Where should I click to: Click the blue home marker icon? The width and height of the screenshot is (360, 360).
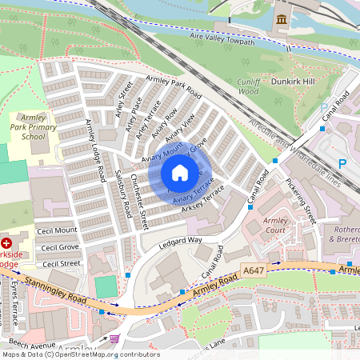pyautogui.click(x=180, y=173)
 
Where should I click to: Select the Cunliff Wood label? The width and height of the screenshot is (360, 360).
pyautogui.click(x=250, y=86)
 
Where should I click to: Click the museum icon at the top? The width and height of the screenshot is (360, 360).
pyautogui.click(x=281, y=19)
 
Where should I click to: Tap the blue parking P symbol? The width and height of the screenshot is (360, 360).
pyautogui.click(x=342, y=163)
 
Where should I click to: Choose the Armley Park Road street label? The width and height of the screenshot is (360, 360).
pyautogui.click(x=174, y=89)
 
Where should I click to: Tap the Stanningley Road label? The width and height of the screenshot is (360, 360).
pyautogui.click(x=56, y=290)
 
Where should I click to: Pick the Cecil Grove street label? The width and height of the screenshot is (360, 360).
pyautogui.click(x=60, y=248)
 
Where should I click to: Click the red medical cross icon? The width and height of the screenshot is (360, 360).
pyautogui.click(x=7, y=242)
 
